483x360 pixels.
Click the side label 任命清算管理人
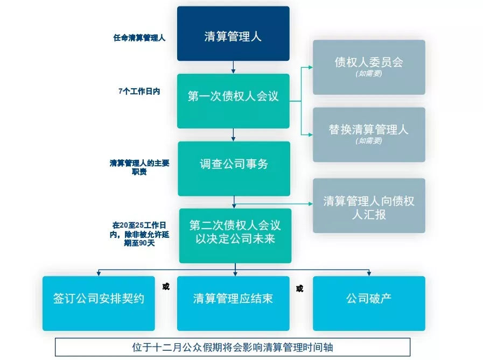[x=139, y=38]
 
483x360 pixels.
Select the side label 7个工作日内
[x=139, y=91]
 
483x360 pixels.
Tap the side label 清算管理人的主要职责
[x=139, y=167]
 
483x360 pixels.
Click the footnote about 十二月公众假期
[x=233, y=347]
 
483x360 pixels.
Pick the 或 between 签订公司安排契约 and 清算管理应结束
[x=166, y=286]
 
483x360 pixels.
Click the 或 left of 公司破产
[x=299, y=288]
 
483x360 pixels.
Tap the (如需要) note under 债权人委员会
[x=369, y=74]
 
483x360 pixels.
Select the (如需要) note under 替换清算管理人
[x=369, y=142]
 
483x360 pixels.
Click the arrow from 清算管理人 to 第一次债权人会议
[x=233, y=67]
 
